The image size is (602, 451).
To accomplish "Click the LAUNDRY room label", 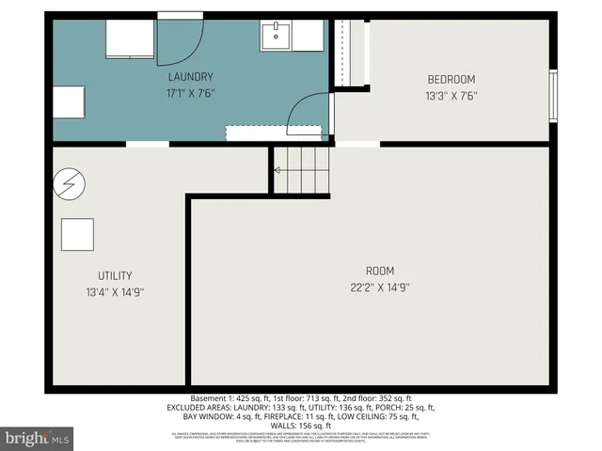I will click(191, 76).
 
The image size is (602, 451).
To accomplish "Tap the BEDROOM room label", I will click(451, 79).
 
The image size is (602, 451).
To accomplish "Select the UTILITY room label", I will click(115, 275).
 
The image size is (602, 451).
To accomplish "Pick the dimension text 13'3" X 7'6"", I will click(451, 95).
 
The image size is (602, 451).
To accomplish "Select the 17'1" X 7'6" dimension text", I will click(191, 92).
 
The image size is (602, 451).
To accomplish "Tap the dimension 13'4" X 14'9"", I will click(115, 291).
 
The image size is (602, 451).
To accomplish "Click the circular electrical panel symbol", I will click(68, 183).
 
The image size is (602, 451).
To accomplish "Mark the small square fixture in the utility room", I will click(78, 233).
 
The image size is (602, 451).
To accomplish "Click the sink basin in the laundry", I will click(277, 37).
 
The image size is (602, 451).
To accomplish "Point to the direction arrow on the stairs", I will click(277, 170).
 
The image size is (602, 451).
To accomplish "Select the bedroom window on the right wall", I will click(553, 97).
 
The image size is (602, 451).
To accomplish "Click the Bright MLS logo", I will click(38, 438).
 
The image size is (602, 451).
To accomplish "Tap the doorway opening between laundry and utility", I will click(148, 144).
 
